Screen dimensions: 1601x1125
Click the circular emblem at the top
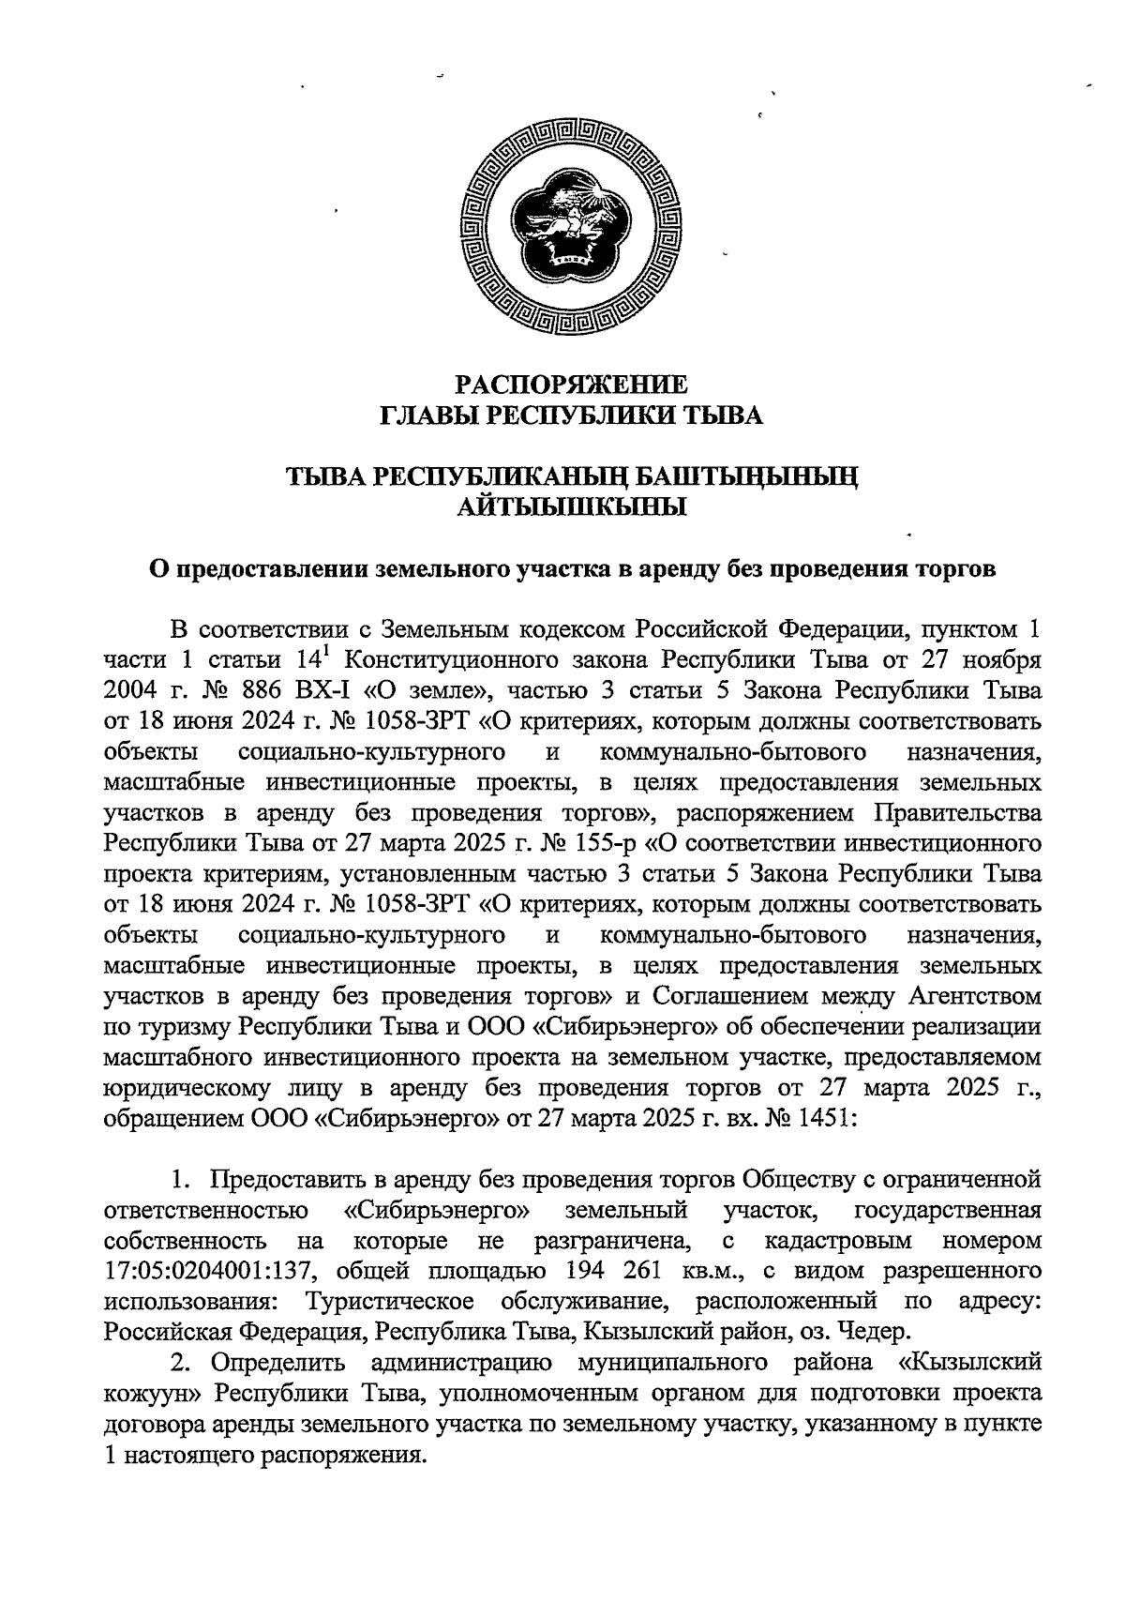[x=573, y=226]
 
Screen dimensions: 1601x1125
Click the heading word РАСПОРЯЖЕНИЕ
[x=572, y=384]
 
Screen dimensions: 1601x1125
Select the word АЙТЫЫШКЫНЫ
[x=572, y=507]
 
